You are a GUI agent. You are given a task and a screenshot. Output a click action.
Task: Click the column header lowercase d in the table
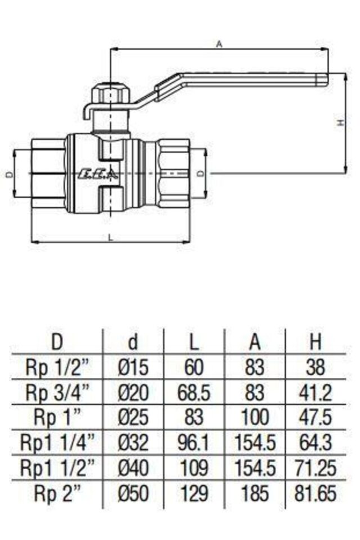pyautogui.click(x=133, y=341)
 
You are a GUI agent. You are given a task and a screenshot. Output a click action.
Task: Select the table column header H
pyautogui.click(x=316, y=341)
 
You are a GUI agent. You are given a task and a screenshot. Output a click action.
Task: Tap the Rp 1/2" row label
pyautogui.click(x=57, y=367)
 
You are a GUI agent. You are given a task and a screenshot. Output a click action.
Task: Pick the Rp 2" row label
pyautogui.click(x=57, y=494)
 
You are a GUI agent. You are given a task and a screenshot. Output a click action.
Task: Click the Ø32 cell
pyautogui.click(x=133, y=443)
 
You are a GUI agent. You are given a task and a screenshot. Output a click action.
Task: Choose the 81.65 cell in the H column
pyautogui.click(x=316, y=494)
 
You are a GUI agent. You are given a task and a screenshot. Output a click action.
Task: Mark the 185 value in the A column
pyautogui.click(x=255, y=494)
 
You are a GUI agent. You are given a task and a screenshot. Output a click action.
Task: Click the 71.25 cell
pyautogui.click(x=316, y=469)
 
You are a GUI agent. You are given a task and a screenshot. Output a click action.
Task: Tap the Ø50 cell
pyautogui.click(x=133, y=494)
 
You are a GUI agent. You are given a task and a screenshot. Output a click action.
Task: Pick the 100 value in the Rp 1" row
pyautogui.click(x=255, y=418)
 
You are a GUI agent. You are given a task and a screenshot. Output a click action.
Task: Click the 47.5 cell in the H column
pyautogui.click(x=316, y=418)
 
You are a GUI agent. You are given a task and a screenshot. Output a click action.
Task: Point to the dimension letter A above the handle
pyautogui.click(x=219, y=44)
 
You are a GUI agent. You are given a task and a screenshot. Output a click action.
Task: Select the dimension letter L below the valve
pyautogui.click(x=110, y=238)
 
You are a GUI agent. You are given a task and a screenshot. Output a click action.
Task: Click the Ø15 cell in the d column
pyautogui.click(x=133, y=367)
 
